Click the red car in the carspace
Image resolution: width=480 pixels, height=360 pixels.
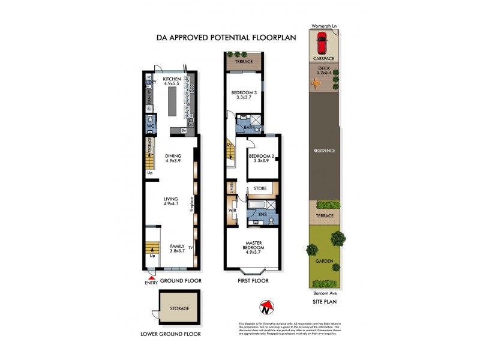coord(323,43)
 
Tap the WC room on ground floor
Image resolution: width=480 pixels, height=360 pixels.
coord(151,127)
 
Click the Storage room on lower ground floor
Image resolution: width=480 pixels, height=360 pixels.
coord(179,308)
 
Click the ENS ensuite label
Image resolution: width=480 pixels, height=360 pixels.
coord(262,214)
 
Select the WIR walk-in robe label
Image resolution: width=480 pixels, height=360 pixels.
coord(232,211)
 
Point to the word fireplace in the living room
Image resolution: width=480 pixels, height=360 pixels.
coord(191,204)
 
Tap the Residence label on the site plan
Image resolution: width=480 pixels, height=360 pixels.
coord(323,151)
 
